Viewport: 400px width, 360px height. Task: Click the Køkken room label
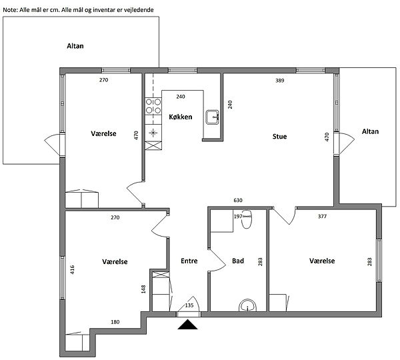181,117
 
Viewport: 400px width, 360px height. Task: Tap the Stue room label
279,137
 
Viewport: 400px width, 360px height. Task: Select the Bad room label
238,261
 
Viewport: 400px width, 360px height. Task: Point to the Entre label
189,261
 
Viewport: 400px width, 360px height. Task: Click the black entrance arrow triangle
188,325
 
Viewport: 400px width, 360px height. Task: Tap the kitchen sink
213,117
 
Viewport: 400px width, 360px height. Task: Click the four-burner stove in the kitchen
153,106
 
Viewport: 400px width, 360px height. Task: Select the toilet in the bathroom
247,219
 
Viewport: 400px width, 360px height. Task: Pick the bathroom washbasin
247,305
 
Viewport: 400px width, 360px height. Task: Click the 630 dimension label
238,200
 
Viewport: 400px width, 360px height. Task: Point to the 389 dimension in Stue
279,81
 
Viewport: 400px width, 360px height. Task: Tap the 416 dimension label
72,270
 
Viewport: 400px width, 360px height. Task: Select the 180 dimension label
115,322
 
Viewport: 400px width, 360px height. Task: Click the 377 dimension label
322,217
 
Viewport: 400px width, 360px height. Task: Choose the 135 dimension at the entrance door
189,305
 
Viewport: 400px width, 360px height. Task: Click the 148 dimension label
143,289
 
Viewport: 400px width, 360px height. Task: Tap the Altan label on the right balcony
370,131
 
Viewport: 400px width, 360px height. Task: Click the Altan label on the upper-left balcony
75,46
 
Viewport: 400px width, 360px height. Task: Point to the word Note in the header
10,10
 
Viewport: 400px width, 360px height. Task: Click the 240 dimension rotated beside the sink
230,105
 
